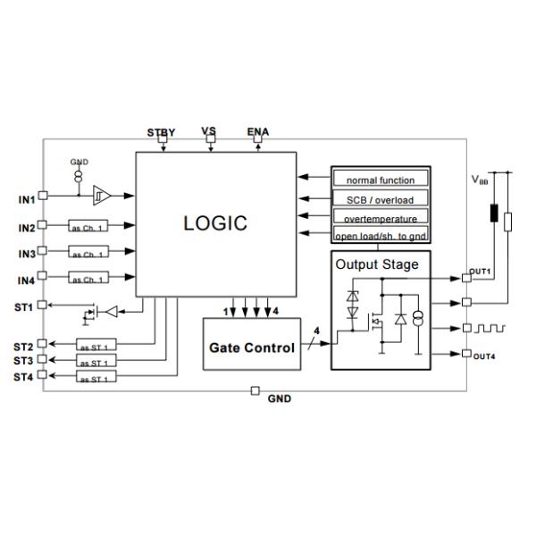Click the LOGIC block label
click(215, 223)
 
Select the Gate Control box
click(252, 348)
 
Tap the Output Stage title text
click(376, 265)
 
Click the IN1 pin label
click(26, 199)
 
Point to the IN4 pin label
click(26, 281)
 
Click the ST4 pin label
click(23, 377)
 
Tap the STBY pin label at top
click(162, 132)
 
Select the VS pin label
click(209, 131)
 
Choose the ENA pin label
click(258, 132)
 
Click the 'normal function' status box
click(380, 180)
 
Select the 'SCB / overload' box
click(380, 199)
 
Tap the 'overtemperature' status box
click(380, 218)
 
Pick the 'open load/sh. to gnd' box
click(380, 237)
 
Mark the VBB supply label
click(480, 180)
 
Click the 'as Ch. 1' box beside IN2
click(88, 228)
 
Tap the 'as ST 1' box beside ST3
click(96, 363)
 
